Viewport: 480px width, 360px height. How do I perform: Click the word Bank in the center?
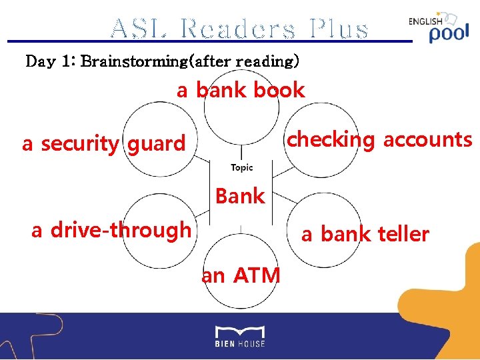pyautogui.click(x=240, y=196)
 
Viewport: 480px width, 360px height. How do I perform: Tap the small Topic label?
pyautogui.click(x=241, y=168)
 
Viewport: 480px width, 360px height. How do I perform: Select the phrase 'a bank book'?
pyautogui.click(x=241, y=91)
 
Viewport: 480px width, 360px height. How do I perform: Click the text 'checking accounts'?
pyautogui.click(x=379, y=140)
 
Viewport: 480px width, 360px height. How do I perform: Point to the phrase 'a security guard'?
pyautogui.click(x=103, y=143)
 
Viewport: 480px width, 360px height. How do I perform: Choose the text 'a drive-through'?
pyautogui.click(x=111, y=230)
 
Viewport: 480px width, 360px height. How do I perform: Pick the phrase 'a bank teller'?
pyautogui.click(x=365, y=234)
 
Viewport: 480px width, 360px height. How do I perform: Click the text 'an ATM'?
pyautogui.click(x=241, y=275)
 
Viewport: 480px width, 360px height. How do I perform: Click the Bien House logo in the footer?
pyautogui.click(x=240, y=336)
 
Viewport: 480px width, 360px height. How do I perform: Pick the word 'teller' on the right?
pyautogui.click(x=403, y=234)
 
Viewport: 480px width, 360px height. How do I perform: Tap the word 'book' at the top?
pyautogui.click(x=279, y=91)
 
